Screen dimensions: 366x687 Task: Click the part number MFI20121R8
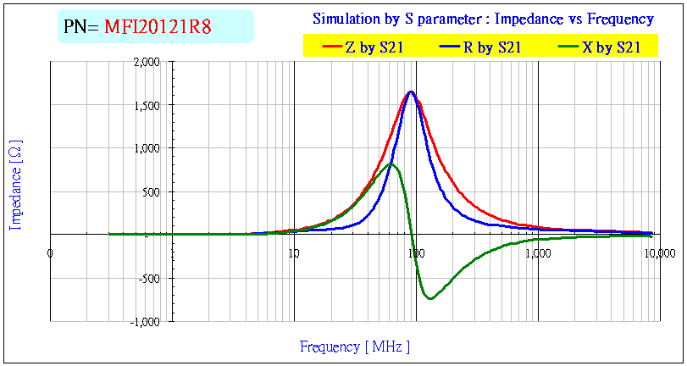pyautogui.click(x=158, y=27)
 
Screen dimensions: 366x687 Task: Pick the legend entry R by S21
pyautogui.click(x=490, y=48)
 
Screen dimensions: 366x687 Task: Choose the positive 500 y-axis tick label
pyautogui.click(x=151, y=191)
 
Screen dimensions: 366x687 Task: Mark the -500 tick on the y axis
pyautogui.click(x=149, y=278)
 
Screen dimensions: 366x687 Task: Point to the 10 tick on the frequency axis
pyautogui.click(x=293, y=252)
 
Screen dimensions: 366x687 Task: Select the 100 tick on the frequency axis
pyautogui.click(x=415, y=252)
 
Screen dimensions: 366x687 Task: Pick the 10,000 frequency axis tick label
pyautogui.click(x=659, y=252)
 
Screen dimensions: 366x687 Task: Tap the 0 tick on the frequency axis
pyautogui.click(x=51, y=252)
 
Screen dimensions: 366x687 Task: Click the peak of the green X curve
pyautogui.click(x=391, y=164)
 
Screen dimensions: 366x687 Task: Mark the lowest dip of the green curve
pyautogui.click(x=430, y=298)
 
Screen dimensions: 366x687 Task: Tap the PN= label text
pyautogui.click(x=81, y=27)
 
